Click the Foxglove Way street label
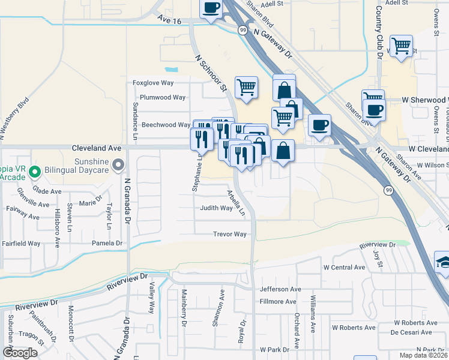153,82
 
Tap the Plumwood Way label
163,97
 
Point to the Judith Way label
216,208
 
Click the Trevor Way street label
230,234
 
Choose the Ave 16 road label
169,20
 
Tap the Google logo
20,353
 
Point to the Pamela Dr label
107,243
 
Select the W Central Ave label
344,267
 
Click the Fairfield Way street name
20,244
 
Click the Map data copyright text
423,355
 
